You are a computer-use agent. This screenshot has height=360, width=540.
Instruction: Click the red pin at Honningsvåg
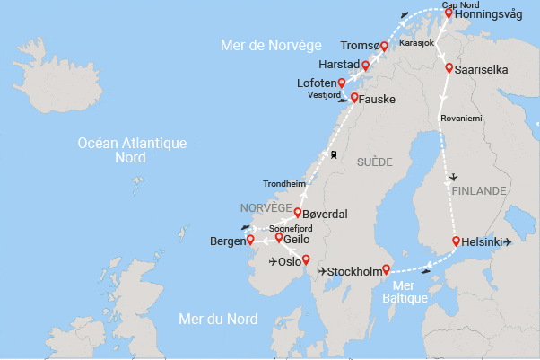pos(449,13)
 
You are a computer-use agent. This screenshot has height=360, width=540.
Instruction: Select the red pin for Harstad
pos(365,66)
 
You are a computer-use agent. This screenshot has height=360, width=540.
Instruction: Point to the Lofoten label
pos(315,83)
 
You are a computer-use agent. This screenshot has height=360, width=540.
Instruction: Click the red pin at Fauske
pos(354,98)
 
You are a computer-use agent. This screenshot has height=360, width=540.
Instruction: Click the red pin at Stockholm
pos(387,269)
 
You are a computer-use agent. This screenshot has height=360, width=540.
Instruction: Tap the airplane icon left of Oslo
pos(274,262)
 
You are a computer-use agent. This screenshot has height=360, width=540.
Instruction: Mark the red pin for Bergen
pos(250,240)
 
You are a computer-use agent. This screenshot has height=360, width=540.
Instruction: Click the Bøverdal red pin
pos(297,213)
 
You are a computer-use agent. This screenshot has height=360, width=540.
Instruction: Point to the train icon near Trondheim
pos(334,154)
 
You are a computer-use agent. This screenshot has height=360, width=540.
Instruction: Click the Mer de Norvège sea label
pos(271,45)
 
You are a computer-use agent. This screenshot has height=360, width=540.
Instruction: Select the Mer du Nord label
pos(218,319)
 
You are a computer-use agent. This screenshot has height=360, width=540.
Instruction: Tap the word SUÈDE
pos(375,162)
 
